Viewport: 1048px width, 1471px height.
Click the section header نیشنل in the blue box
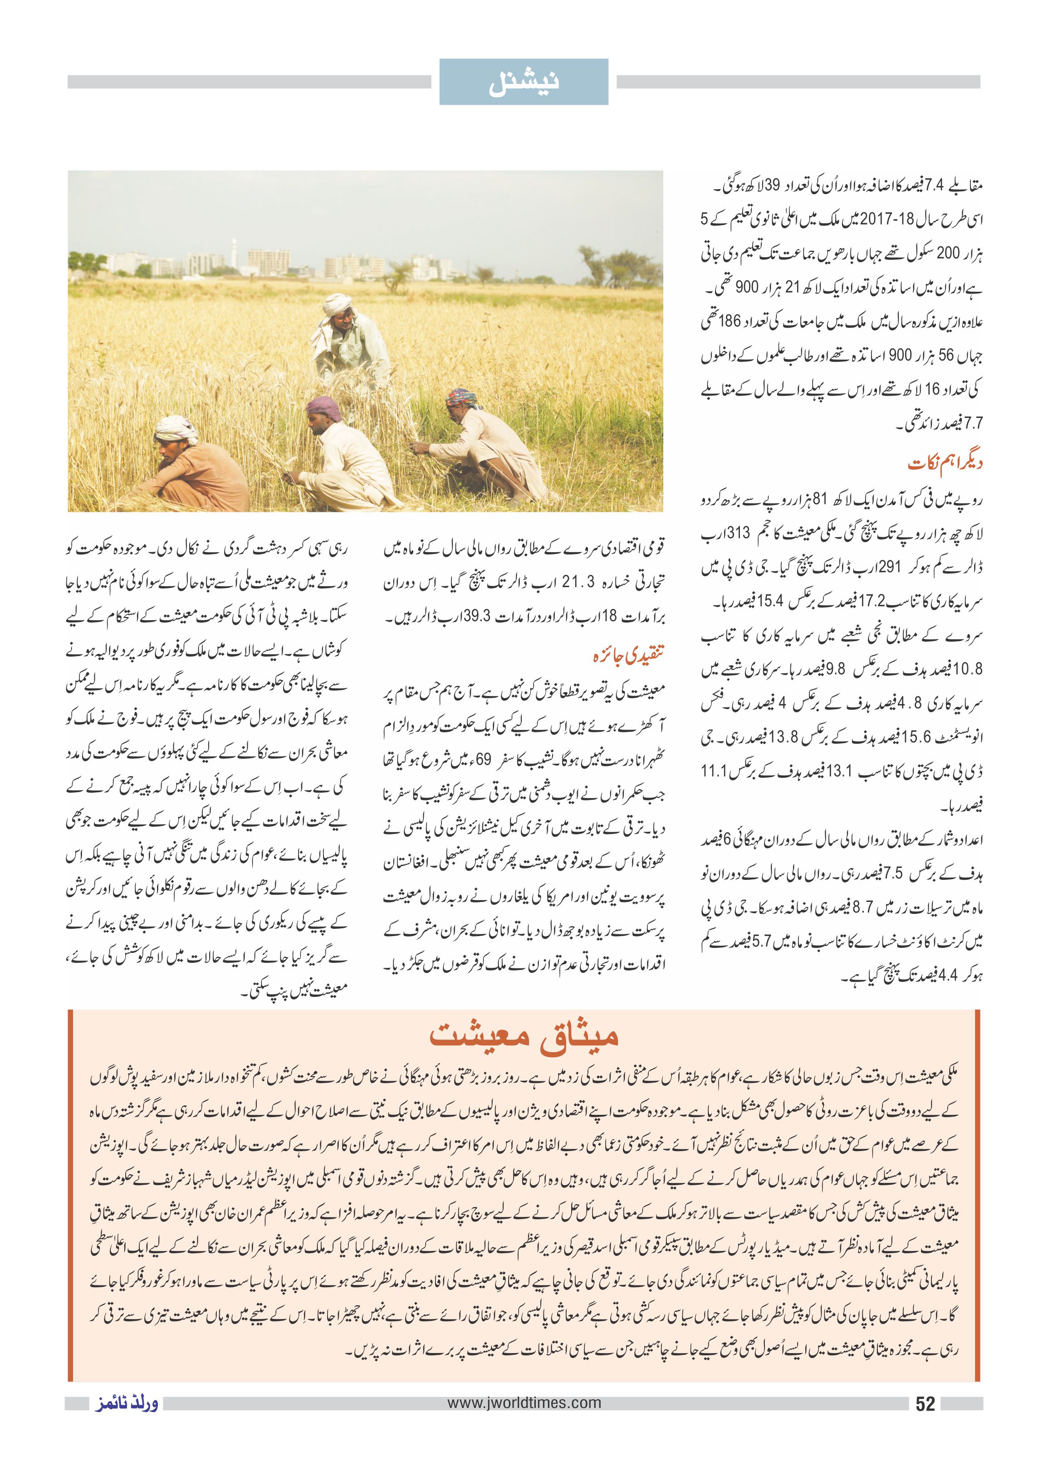tap(524, 82)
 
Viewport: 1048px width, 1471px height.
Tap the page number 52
tap(925, 1404)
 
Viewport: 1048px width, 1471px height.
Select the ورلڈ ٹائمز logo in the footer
tap(127, 1404)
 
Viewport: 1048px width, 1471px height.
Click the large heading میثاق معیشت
tap(524, 1036)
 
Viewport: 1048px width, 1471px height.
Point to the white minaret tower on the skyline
tap(234, 249)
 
